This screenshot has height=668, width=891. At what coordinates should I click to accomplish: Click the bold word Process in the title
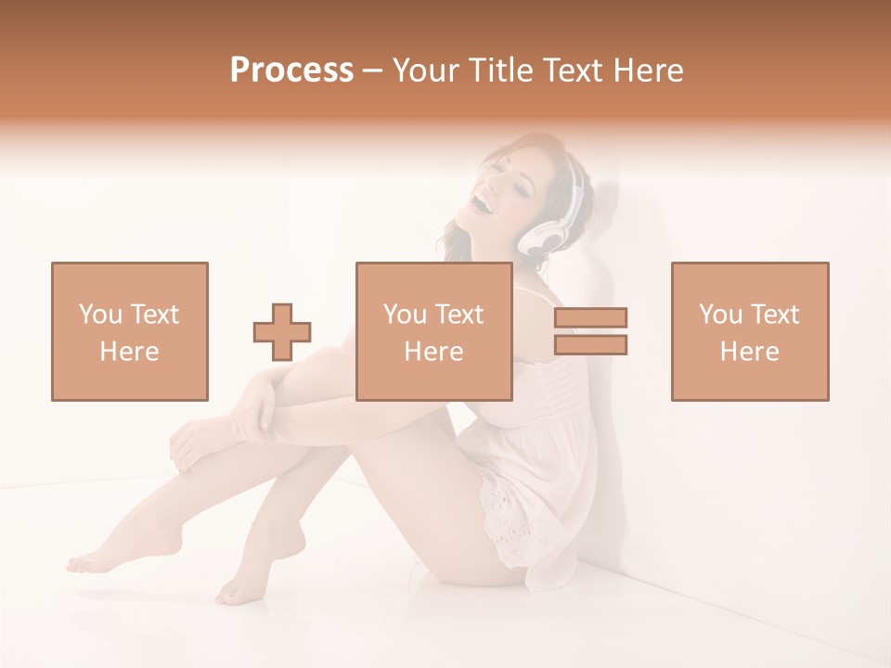(291, 71)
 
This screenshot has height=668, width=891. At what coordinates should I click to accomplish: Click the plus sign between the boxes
(282, 331)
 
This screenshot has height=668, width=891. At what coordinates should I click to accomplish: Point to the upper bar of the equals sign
(590, 318)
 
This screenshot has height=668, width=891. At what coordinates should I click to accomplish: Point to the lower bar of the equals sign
(590, 344)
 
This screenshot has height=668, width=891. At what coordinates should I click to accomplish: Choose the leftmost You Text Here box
(129, 331)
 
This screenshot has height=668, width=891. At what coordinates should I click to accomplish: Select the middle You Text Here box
(433, 331)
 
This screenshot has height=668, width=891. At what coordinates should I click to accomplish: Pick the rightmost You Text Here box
(749, 331)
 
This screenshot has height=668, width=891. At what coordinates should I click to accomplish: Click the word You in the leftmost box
(99, 315)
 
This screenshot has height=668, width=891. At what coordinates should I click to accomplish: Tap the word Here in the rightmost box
(749, 352)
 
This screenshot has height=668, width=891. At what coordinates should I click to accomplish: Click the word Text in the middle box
(460, 315)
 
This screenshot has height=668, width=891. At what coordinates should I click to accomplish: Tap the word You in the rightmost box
(719, 315)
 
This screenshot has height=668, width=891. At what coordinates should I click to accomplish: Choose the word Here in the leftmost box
(129, 352)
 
